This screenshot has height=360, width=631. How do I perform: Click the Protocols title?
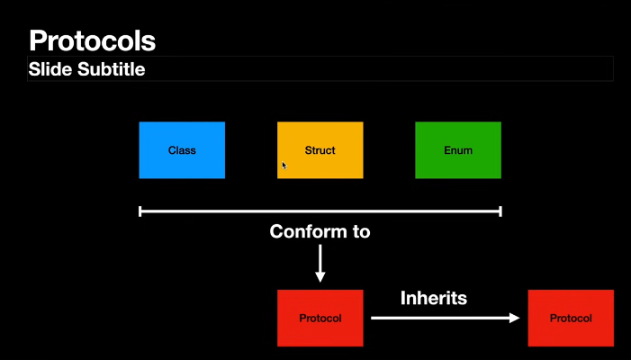point(92,40)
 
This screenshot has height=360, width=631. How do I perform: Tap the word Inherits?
point(434,297)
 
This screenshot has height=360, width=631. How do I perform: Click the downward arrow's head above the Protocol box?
point(320,277)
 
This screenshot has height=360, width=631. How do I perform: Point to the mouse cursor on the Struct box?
point(284,166)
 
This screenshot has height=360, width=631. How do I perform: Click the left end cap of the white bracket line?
point(140,211)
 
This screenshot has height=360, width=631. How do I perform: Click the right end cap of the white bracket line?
point(500,211)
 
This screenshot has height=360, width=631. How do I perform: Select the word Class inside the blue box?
point(182,150)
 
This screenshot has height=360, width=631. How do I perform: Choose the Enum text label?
point(457,150)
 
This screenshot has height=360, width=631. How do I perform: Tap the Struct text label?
point(320,150)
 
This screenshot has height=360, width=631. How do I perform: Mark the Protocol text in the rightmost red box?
point(571,319)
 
